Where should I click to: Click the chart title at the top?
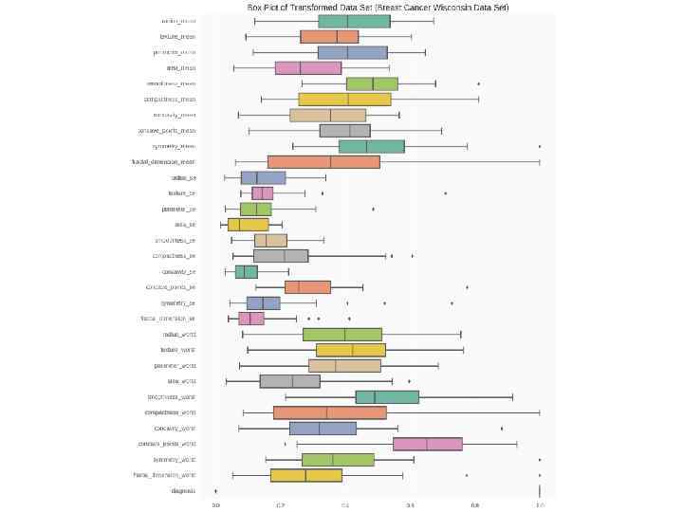(x=378, y=7)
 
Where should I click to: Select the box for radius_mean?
(x=354, y=21)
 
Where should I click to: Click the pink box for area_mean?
(x=307, y=68)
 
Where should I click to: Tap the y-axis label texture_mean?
(x=177, y=37)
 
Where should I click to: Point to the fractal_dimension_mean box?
(x=323, y=162)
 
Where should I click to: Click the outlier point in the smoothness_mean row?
(x=478, y=83)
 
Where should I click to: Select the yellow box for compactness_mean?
(x=344, y=100)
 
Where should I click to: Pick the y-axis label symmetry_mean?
(x=174, y=146)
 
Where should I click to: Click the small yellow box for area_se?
(x=248, y=225)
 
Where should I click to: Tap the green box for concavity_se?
(x=247, y=271)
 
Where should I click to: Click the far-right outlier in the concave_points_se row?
(x=467, y=287)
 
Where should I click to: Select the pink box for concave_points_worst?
(x=427, y=444)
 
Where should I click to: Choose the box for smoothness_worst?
(x=387, y=396)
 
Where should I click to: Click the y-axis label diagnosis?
(x=183, y=491)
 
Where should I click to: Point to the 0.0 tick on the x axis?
(x=215, y=505)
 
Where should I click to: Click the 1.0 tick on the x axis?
(x=540, y=505)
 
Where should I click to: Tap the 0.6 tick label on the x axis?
(x=410, y=505)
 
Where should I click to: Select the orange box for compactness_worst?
(x=329, y=412)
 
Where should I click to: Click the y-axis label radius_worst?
(x=178, y=334)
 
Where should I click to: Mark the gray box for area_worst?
(x=289, y=381)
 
